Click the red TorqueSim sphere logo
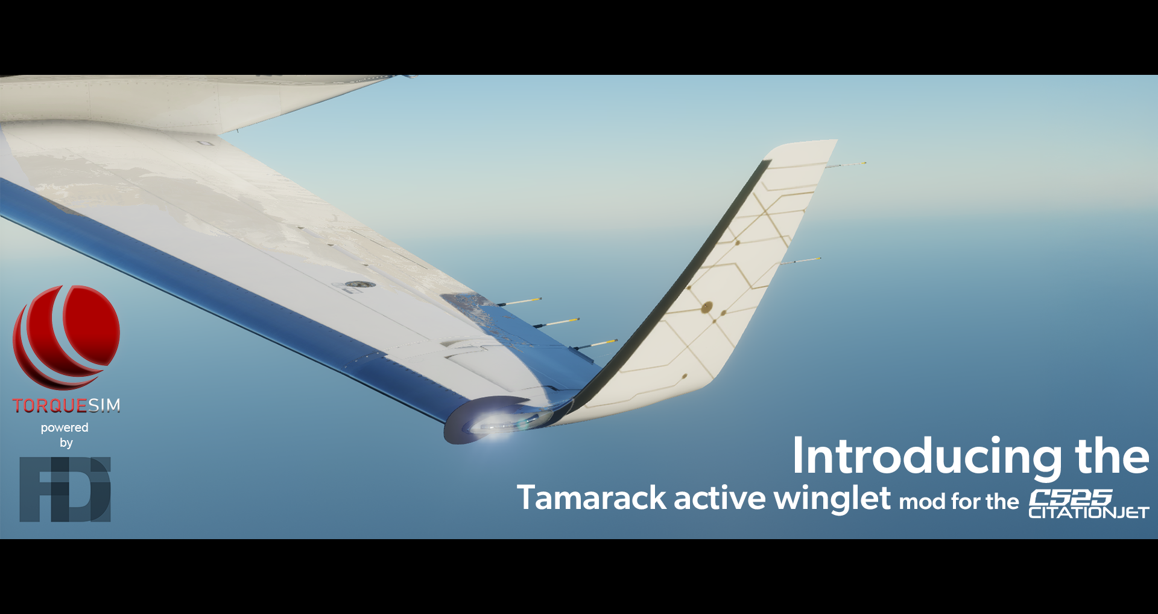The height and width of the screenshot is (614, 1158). [66, 337]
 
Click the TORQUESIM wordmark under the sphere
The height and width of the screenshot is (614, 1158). [66, 405]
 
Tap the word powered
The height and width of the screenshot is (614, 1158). [65, 428]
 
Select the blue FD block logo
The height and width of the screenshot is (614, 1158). [65, 489]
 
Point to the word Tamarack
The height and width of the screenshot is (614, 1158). [592, 498]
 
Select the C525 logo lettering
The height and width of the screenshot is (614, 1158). [1071, 498]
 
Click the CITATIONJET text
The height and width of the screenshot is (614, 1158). [1089, 513]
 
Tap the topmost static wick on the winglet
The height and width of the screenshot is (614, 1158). [846, 165]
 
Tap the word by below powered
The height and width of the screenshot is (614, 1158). [66, 443]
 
